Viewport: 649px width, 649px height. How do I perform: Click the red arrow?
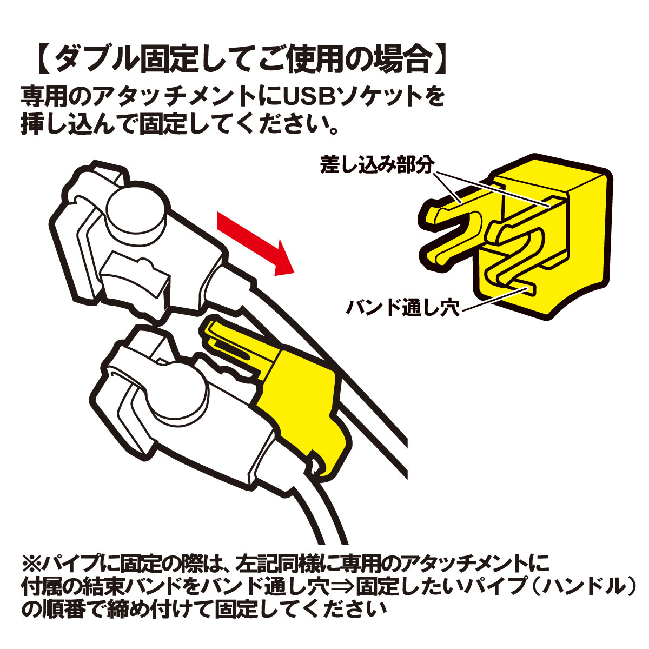tap(256, 243)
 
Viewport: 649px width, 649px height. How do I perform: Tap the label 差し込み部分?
tap(377, 165)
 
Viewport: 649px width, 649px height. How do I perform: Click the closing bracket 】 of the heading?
tap(440, 60)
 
